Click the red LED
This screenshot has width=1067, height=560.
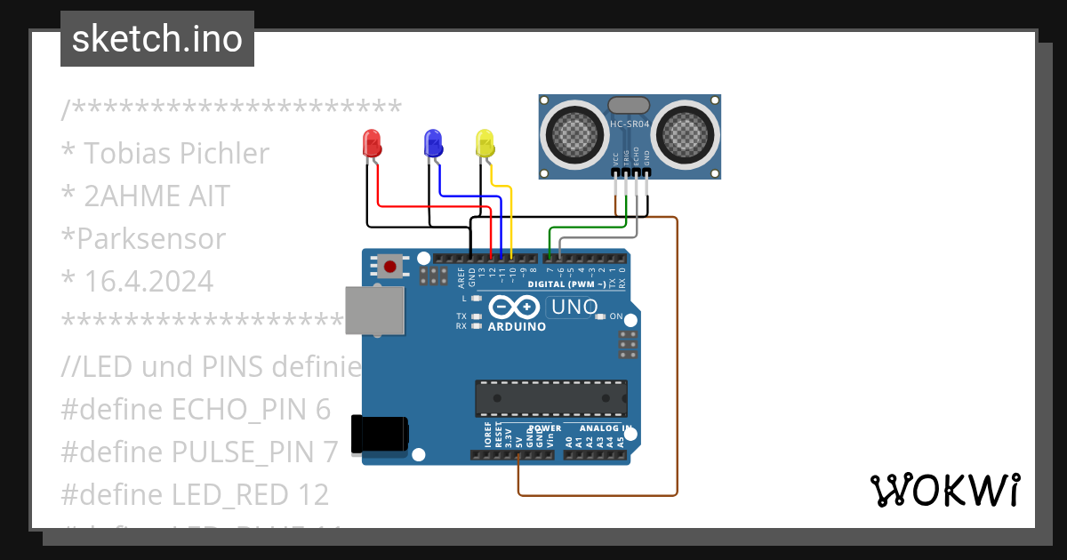372,144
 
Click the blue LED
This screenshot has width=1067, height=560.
433,143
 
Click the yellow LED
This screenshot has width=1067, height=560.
485,143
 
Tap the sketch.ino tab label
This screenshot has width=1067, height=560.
157,39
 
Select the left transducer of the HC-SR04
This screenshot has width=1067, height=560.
574,134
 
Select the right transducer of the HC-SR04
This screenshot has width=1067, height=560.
685,134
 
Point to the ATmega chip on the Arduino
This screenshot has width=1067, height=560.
552,398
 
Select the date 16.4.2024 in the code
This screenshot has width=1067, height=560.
148,282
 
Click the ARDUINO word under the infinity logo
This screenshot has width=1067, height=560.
517,326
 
